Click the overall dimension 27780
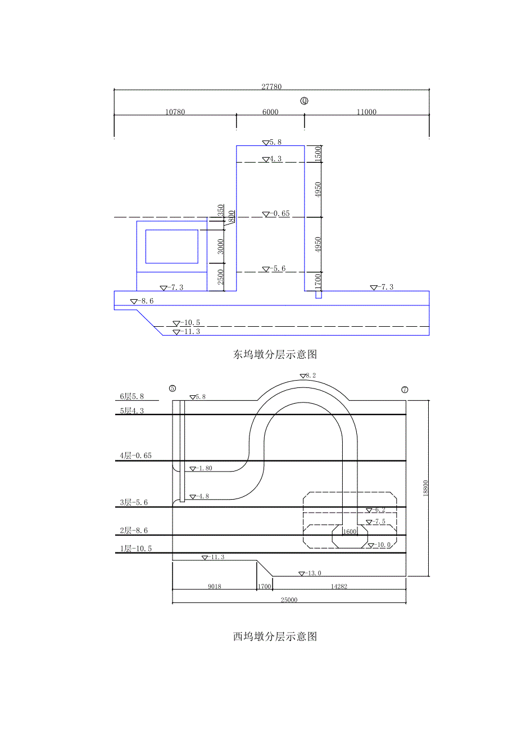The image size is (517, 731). (271, 87)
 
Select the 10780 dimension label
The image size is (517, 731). (175, 112)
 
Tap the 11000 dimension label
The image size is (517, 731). (366, 112)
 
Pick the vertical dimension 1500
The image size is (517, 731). (318, 154)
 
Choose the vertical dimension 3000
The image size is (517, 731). (221, 246)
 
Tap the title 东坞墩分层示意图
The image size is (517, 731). (275, 354)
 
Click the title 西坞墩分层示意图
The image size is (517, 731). (275, 636)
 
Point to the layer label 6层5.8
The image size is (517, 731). (133, 396)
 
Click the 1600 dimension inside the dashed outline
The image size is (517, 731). (350, 532)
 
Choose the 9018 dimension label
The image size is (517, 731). (214, 587)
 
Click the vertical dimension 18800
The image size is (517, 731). (425, 488)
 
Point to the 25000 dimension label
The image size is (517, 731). (289, 600)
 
